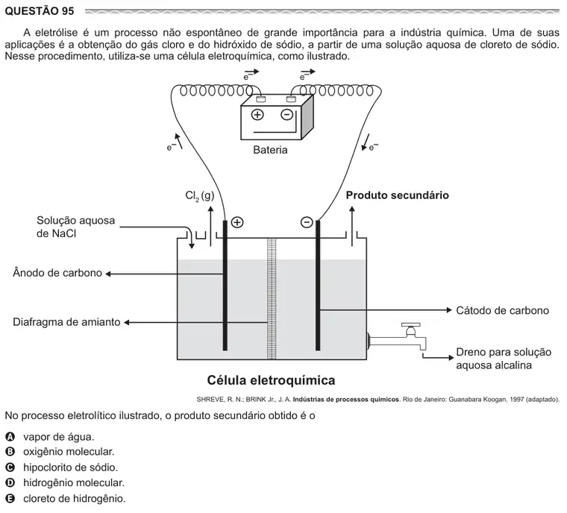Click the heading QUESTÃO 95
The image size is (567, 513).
(x=40, y=11)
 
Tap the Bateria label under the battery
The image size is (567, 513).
(x=270, y=150)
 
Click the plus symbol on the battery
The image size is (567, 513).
(x=257, y=115)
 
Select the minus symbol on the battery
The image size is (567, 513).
(x=286, y=115)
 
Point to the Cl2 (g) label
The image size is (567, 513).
(x=200, y=196)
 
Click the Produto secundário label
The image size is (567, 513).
(x=397, y=195)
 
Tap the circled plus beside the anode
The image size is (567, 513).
(x=237, y=222)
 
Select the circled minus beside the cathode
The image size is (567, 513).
(x=307, y=222)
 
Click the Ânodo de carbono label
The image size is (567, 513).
(x=57, y=273)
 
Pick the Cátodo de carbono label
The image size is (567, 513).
(x=502, y=310)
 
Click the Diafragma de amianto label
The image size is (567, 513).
(x=66, y=322)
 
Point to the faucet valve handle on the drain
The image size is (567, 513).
(x=410, y=325)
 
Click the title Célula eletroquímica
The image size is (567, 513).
(x=271, y=380)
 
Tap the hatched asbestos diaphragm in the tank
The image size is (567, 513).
(x=272, y=299)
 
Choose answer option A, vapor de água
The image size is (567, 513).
(x=59, y=437)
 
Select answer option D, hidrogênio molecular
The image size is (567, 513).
(x=74, y=482)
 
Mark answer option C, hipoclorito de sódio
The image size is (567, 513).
(x=71, y=468)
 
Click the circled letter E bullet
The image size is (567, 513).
(x=10, y=499)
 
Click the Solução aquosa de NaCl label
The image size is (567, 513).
(x=75, y=227)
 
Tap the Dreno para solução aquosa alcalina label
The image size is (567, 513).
(x=504, y=359)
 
